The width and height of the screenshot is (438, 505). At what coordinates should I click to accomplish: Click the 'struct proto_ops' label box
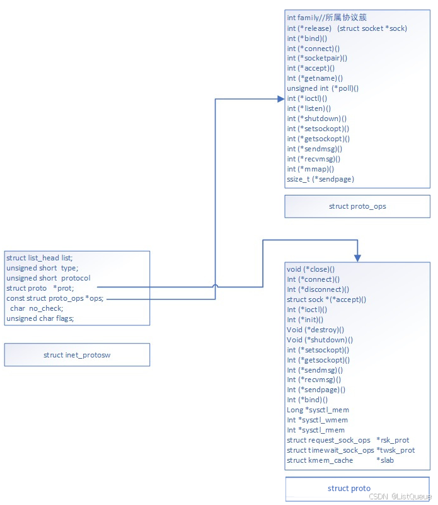357,206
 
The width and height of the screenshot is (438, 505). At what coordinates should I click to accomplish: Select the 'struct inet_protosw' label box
77,355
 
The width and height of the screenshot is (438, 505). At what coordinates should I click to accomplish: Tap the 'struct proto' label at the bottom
349,489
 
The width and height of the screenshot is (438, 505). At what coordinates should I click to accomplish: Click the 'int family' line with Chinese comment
322,18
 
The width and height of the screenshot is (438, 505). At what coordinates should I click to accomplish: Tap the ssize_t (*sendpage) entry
320,179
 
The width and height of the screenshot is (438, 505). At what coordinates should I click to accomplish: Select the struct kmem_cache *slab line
340,460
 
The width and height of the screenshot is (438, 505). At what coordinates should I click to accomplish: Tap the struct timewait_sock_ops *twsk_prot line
350,450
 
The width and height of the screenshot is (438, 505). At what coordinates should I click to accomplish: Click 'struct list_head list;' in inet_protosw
40,258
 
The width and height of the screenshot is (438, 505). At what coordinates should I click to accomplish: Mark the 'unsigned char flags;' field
40,318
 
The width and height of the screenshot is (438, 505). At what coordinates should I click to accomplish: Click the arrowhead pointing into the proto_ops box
280,98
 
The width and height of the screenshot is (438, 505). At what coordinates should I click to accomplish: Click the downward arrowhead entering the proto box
357,258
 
